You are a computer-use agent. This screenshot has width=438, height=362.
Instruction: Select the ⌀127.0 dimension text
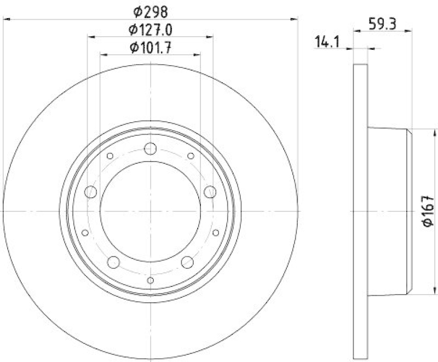151,28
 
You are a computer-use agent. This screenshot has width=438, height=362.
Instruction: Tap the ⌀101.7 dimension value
151,47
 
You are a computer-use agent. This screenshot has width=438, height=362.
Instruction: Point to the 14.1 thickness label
327,41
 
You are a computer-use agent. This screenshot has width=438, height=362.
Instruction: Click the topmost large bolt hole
151,148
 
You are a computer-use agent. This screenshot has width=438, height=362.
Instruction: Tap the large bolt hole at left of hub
91,192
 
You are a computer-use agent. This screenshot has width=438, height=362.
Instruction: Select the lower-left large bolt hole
114,262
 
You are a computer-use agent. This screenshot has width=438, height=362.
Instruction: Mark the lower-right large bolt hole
187,262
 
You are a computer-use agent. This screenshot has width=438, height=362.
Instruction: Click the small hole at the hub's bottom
151,280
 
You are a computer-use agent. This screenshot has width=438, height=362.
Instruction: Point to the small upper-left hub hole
110,156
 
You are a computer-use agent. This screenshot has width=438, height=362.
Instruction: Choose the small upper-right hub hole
191,156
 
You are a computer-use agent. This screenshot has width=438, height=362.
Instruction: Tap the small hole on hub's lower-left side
85,233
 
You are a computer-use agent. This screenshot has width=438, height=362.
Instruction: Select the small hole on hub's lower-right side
216,233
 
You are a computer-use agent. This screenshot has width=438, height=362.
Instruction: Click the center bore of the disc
151,211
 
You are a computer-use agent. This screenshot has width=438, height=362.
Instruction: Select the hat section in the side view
389,211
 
